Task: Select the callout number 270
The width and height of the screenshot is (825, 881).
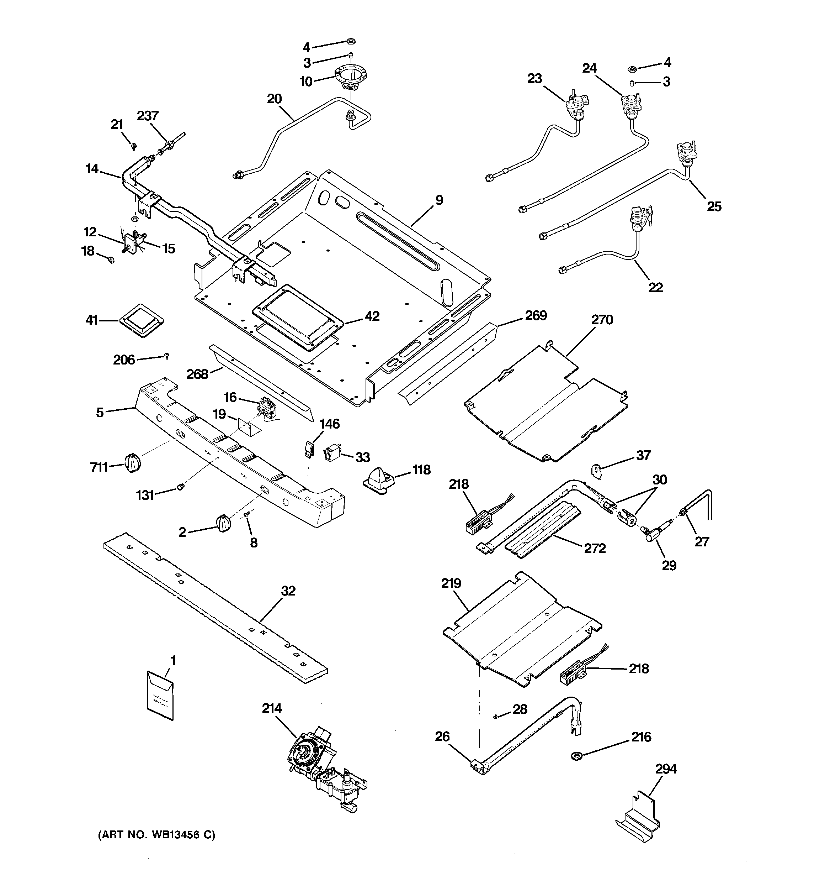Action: tap(602, 320)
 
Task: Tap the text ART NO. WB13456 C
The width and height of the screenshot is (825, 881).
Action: tap(156, 835)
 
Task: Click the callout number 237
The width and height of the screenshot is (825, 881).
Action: tap(148, 116)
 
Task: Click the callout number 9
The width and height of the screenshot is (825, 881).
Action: tap(439, 200)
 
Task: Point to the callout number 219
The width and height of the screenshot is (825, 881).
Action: tap(451, 583)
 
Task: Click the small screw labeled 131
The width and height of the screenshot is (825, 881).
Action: tap(180, 487)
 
